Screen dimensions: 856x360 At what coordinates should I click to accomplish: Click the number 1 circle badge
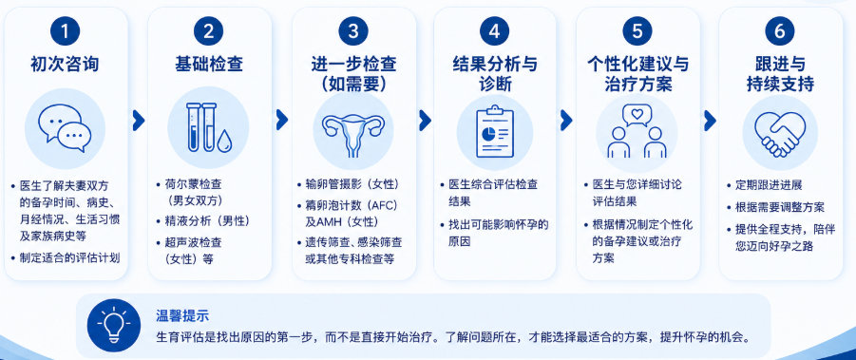[x=66, y=32]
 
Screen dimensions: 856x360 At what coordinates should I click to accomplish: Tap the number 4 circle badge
[x=495, y=32]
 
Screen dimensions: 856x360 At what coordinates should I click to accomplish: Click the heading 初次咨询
[x=66, y=65]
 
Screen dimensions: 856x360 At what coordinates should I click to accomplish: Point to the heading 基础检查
[x=209, y=65]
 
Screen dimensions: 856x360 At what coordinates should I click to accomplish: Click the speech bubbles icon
[x=65, y=128]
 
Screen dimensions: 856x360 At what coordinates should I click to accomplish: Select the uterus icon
[x=353, y=134]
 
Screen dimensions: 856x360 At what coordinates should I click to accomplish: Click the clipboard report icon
[x=495, y=131]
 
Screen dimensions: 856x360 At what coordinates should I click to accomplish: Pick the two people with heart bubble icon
[x=637, y=131]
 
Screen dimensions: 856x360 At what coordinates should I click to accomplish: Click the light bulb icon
[x=114, y=325]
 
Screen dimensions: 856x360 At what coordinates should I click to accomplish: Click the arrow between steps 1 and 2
[x=139, y=121]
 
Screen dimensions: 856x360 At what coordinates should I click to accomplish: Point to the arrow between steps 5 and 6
[x=710, y=121]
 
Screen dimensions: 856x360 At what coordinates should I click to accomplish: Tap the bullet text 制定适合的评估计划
[x=69, y=257]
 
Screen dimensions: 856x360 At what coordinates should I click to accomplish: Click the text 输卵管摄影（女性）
[x=352, y=184]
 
